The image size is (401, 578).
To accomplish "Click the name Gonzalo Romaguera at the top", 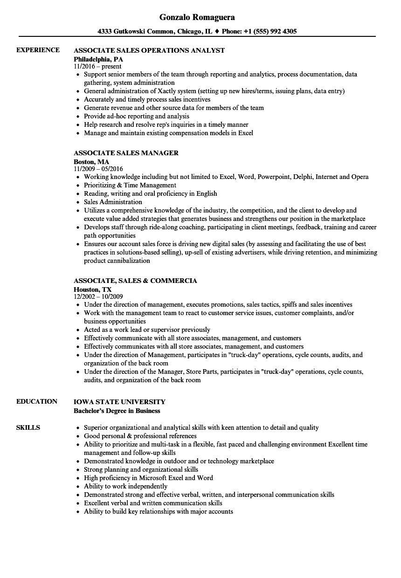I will [x=197, y=17].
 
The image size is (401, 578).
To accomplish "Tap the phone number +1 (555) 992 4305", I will [x=268, y=32].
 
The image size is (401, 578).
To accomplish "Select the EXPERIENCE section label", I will [x=38, y=50].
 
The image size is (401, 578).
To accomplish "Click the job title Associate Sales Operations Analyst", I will [x=149, y=50].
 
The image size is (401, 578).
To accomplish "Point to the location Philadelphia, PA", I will [x=98, y=59].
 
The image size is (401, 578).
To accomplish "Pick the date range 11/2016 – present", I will [x=97, y=67].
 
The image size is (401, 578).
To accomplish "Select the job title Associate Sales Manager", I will [x=126, y=153].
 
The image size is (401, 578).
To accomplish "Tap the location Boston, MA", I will [x=91, y=162].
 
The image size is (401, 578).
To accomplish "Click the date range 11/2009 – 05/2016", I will [x=98, y=169].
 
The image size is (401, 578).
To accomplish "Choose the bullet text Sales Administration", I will [x=113, y=202].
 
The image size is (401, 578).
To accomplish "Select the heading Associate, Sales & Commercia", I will [x=135, y=281].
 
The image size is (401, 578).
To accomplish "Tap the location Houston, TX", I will [x=92, y=289].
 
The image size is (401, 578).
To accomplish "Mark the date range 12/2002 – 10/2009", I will [x=98, y=296].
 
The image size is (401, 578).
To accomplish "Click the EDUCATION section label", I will [x=37, y=401].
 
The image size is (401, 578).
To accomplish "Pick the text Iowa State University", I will [x=119, y=402].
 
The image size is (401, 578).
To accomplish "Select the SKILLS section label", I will [x=28, y=427].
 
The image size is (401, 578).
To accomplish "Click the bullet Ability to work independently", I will [x=125, y=486].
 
